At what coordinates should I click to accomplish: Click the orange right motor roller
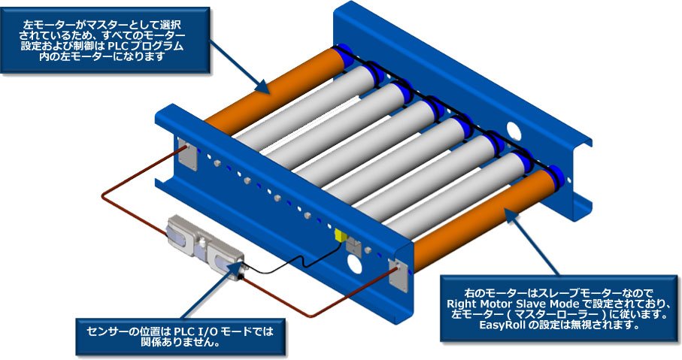(x=481, y=218)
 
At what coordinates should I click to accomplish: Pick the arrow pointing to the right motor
(x=534, y=241)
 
